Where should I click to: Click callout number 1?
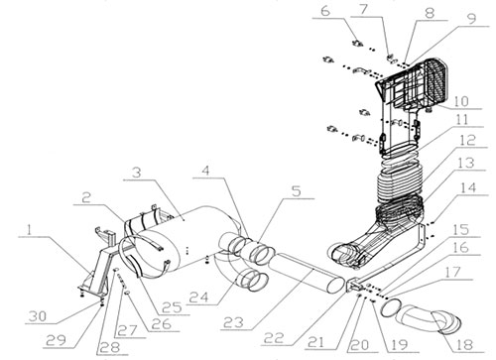(30, 230)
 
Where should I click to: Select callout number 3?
(136, 173)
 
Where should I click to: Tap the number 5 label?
(297, 190)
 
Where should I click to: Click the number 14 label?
(468, 188)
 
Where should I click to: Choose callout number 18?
(464, 345)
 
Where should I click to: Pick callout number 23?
(233, 322)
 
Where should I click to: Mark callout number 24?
(199, 297)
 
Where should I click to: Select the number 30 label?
(38, 316)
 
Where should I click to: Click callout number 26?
(162, 324)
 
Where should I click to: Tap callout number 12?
(467, 140)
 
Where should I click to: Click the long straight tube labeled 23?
(306, 273)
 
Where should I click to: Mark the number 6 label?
(325, 11)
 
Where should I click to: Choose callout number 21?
(316, 342)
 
